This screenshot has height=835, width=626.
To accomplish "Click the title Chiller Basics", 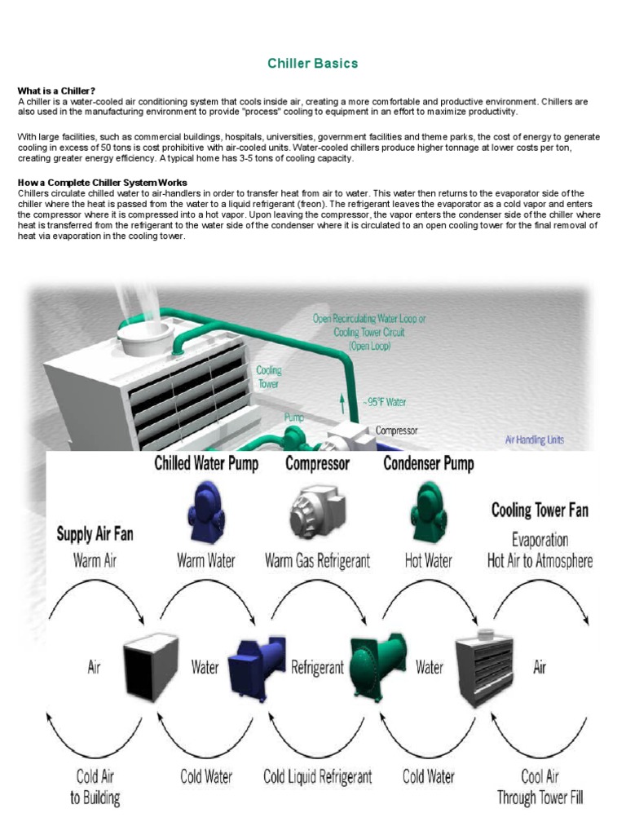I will pyautogui.click(x=313, y=63).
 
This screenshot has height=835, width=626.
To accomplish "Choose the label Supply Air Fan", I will pyautogui.click(x=95, y=535).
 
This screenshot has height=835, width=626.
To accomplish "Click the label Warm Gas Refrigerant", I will pyautogui.click(x=317, y=561).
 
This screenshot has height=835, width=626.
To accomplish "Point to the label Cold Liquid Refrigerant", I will pyautogui.click(x=318, y=776).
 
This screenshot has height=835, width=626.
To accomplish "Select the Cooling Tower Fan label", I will pyautogui.click(x=540, y=511).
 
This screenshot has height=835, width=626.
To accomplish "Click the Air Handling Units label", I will pyautogui.click(x=535, y=440).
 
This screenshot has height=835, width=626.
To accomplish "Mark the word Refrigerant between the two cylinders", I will pyautogui.click(x=317, y=668).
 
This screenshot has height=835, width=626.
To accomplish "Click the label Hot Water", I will pyautogui.click(x=429, y=561).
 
